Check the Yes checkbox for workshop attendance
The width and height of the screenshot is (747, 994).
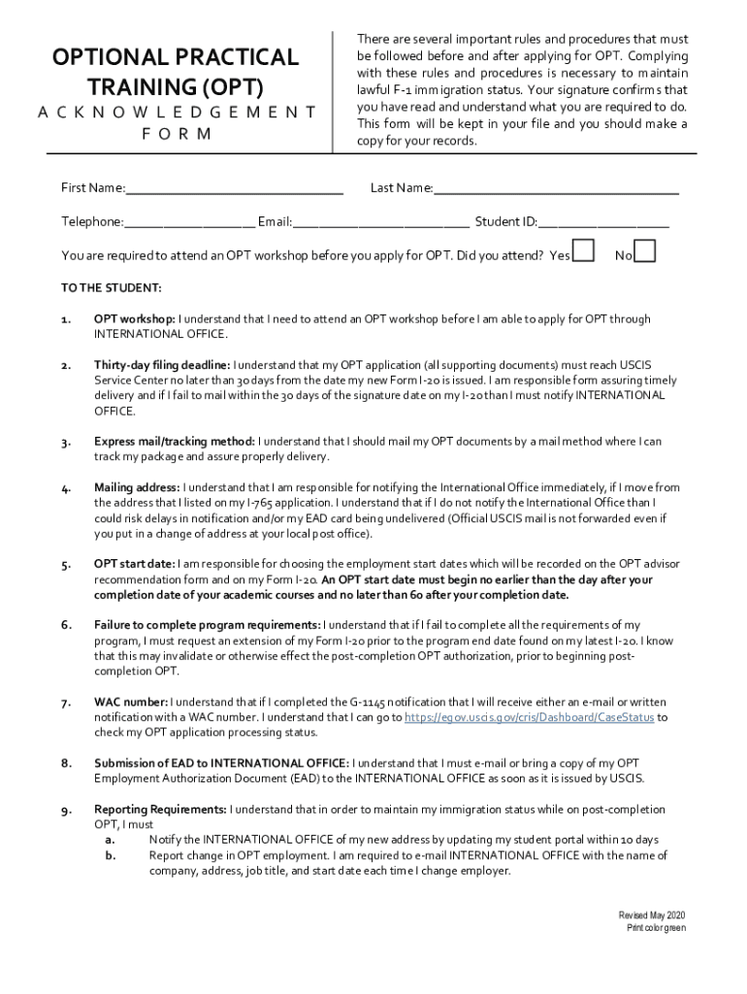(583, 251)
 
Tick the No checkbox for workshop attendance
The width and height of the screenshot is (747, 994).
(644, 251)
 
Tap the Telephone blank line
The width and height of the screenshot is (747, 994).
(189, 222)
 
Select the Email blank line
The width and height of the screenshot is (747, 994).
(381, 222)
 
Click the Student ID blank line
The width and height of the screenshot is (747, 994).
(603, 222)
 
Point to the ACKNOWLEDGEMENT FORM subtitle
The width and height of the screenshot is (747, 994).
(177, 122)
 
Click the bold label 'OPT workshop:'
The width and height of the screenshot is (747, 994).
(135, 318)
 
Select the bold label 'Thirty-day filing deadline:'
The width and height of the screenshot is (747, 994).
(162, 365)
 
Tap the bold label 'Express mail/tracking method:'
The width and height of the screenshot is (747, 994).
(175, 442)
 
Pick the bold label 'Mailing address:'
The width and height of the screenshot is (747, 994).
(137, 487)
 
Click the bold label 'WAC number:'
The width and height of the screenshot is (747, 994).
(131, 702)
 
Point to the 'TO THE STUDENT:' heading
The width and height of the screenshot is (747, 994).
(112, 288)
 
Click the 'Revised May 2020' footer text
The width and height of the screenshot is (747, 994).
(652, 916)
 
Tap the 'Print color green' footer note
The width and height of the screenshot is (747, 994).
(656, 929)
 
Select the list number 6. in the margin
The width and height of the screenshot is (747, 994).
(65, 625)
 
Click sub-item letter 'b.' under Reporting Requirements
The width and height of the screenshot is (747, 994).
(111, 855)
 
